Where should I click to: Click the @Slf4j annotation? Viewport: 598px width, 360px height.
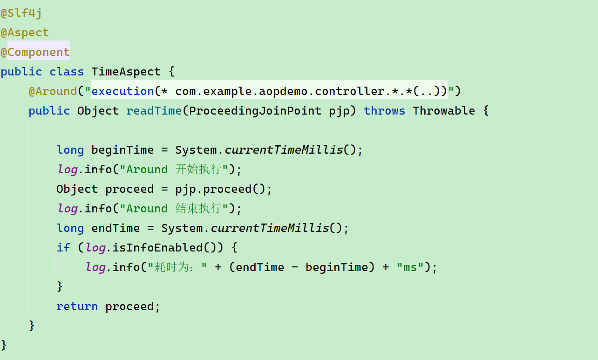pos(21,13)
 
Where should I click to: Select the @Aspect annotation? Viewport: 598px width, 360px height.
pos(25,33)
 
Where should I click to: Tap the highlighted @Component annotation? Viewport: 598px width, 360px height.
pos(35,52)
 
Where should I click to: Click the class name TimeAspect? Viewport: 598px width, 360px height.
pos(126,72)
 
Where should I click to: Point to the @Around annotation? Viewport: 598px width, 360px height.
pos(53,91)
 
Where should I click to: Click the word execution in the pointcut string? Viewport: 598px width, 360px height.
pos(122,91)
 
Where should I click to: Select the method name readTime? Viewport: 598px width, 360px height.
pos(154,111)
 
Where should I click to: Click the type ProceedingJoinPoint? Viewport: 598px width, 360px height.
pos(255,111)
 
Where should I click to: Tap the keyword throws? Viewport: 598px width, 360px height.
pos(384,111)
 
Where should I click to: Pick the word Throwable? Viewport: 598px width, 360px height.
pos(443,111)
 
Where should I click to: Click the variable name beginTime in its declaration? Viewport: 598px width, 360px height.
pos(122,150)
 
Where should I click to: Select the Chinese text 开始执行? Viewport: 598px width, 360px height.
pos(198,169)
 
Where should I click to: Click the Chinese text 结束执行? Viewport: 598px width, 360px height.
pos(198,208)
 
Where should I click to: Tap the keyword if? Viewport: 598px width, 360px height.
pos(63,247)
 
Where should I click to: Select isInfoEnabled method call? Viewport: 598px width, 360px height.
pos(164,247)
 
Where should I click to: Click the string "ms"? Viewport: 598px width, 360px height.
pos(410,267)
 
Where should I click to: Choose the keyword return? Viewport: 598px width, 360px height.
pos(77,306)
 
